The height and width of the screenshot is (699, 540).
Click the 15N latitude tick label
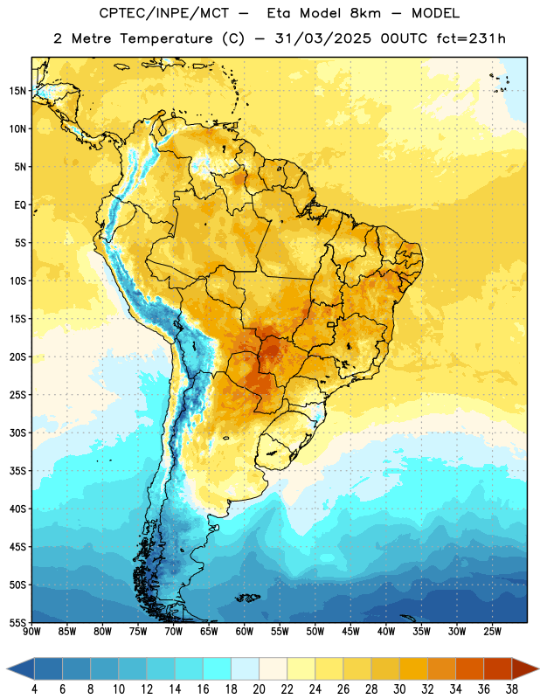(17, 91)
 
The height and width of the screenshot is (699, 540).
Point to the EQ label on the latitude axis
(20, 205)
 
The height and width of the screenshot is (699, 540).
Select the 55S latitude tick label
(17, 622)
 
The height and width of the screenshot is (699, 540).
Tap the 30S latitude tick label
(17, 433)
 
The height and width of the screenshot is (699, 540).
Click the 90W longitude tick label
(31, 632)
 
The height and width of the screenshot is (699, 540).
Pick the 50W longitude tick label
(315, 632)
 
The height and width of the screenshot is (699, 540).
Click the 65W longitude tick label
(209, 632)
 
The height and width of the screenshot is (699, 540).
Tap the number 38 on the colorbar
(512, 689)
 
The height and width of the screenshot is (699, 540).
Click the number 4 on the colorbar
(34, 689)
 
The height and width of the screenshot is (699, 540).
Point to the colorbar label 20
(259, 689)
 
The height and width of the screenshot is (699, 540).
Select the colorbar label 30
(399, 689)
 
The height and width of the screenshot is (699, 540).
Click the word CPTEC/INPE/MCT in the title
(164, 13)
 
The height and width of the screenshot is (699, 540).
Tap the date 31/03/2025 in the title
(322, 38)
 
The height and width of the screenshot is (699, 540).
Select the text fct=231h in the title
(471, 38)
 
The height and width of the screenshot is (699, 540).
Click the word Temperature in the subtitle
(166, 38)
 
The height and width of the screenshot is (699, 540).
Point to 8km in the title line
(365, 13)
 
